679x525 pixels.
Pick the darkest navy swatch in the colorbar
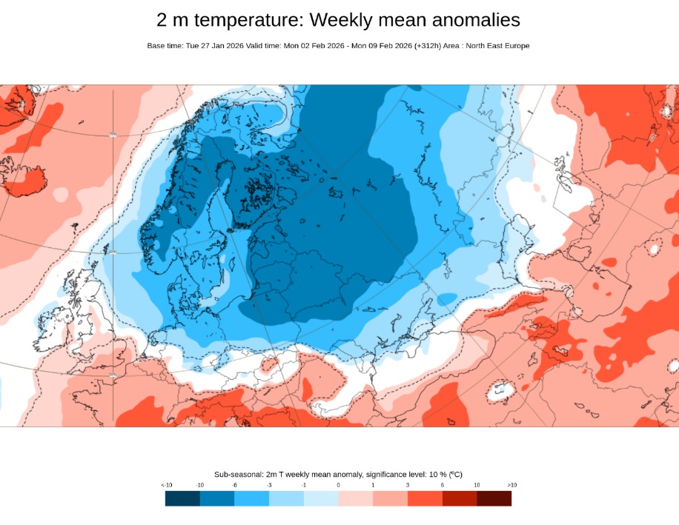[x=182, y=498]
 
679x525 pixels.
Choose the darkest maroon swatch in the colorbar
[x=494, y=498]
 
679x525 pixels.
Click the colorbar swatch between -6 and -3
[x=252, y=498]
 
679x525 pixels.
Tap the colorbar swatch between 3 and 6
[x=425, y=498]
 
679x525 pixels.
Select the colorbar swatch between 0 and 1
[x=356, y=498]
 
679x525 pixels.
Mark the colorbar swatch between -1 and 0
[x=321, y=498]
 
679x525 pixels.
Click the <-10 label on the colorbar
[x=166, y=484]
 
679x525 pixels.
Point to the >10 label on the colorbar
[x=511, y=484]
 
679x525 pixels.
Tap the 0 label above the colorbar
[x=339, y=484]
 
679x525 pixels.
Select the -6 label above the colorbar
[x=234, y=484]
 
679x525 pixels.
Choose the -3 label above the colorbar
[x=269, y=484]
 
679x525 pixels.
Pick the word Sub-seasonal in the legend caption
[x=238, y=474]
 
